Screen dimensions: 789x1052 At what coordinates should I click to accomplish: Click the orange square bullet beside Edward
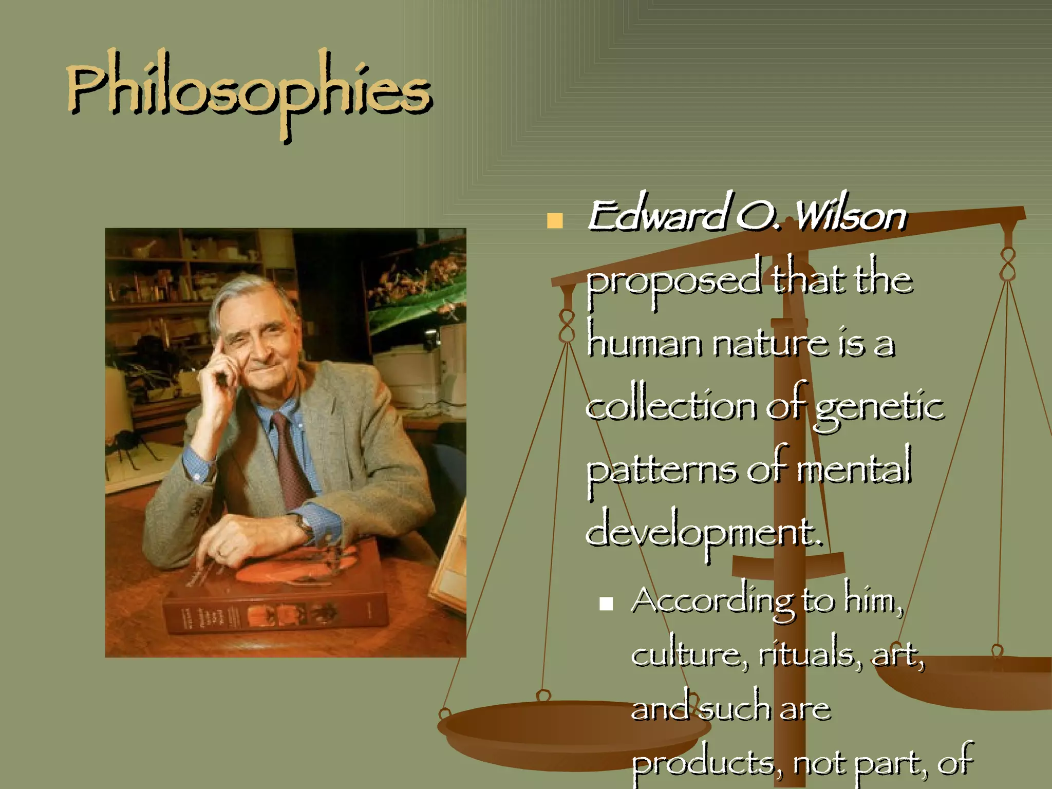pos(555,221)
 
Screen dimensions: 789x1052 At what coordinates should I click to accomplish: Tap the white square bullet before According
pos(606,603)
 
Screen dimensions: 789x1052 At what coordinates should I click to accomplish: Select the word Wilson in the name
pos(850,216)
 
